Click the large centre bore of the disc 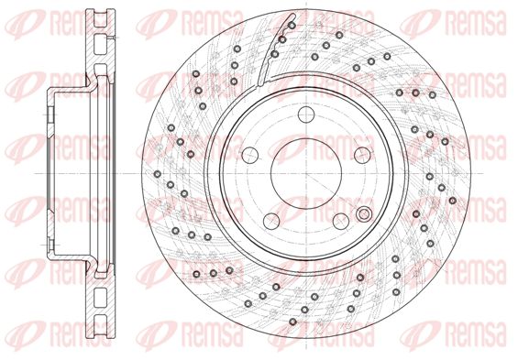(306, 173)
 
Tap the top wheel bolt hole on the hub (306, 115)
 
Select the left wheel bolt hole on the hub (249, 155)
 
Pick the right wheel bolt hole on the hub (362, 155)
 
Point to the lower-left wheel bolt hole (271, 221)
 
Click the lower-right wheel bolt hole (341, 221)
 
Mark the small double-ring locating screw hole (364, 214)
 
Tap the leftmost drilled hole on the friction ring (158, 173)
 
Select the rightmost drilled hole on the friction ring (453, 201)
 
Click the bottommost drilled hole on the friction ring (292, 322)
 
